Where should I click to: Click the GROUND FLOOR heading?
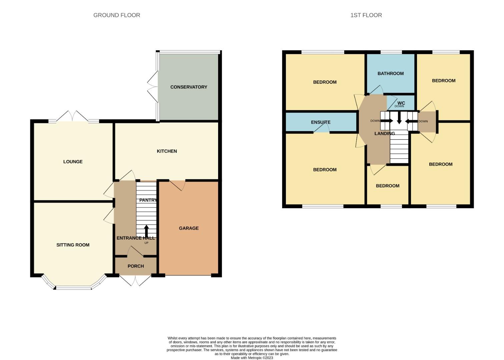click(x=116, y=15)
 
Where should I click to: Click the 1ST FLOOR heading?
click(x=366, y=15)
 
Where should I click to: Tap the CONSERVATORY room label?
click(x=188, y=87)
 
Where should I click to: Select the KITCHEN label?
click(x=167, y=151)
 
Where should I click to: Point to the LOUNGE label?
click(x=73, y=162)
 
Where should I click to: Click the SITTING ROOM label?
click(x=73, y=245)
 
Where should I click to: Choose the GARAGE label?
click(x=188, y=228)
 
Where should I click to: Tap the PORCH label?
click(x=136, y=266)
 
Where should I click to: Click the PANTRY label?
click(x=148, y=200)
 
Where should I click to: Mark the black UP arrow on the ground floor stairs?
click(x=146, y=231)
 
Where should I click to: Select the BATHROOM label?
click(x=390, y=73)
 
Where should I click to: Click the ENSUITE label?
click(x=321, y=122)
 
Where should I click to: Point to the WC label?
click(x=401, y=103)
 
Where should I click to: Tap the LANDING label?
click(x=384, y=134)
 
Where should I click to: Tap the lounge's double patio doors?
click(x=73, y=116)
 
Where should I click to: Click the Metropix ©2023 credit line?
click(x=252, y=358)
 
